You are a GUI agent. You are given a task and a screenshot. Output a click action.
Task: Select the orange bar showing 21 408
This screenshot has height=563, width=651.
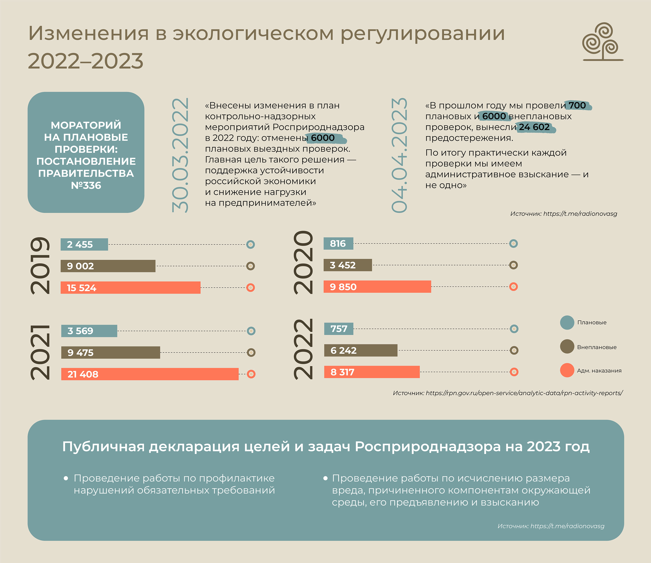(x=150, y=374)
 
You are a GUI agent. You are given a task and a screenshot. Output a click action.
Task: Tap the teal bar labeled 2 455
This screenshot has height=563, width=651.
(x=84, y=244)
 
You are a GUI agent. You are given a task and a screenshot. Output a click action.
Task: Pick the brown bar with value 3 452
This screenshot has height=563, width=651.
(x=348, y=265)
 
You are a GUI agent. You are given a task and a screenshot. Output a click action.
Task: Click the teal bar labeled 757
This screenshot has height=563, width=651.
(x=339, y=329)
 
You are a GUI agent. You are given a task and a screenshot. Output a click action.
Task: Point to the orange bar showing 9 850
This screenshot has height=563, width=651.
(x=377, y=286)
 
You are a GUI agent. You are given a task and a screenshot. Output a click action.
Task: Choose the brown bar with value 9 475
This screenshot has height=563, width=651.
(x=111, y=353)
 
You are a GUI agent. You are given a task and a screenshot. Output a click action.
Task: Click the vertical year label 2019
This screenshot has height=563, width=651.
(x=40, y=266)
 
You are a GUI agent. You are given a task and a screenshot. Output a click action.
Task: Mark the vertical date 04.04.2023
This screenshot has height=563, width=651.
(x=399, y=155)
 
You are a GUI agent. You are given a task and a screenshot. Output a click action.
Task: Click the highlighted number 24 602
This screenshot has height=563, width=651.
(x=535, y=127)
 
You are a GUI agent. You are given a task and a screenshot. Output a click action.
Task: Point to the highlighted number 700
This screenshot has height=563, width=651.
(x=578, y=105)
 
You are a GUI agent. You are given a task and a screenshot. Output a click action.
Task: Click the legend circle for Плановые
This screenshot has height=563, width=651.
(x=567, y=322)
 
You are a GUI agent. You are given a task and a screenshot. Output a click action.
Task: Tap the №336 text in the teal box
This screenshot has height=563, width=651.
(x=86, y=185)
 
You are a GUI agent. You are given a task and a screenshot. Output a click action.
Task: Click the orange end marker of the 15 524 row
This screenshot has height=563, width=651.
(x=250, y=287)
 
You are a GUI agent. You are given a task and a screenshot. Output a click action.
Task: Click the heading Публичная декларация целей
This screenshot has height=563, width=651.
(x=325, y=446)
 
